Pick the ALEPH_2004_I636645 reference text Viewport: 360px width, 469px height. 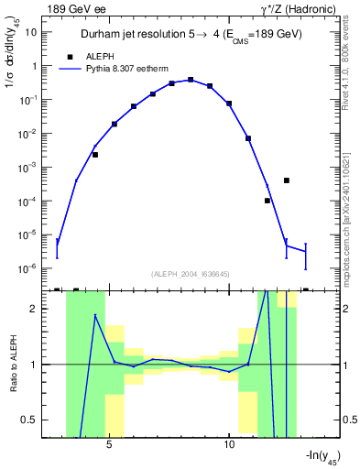coord(191,274)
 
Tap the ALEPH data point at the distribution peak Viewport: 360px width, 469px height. coord(191,80)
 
